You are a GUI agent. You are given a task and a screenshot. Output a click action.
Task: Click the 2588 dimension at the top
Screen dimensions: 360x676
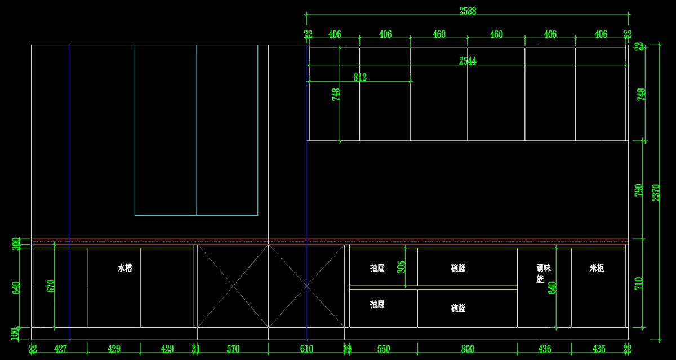(468, 11)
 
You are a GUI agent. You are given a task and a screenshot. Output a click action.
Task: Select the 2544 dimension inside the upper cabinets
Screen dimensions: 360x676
(468, 61)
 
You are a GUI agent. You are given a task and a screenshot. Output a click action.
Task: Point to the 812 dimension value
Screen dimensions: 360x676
(360, 77)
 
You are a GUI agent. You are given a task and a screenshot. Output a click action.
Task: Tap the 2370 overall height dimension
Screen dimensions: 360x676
(656, 192)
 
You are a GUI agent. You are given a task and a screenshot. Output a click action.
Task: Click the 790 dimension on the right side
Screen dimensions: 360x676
(639, 190)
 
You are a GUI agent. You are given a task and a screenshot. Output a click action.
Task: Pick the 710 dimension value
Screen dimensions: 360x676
(639, 283)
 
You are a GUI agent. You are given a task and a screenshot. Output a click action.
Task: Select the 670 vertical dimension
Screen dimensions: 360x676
(51, 286)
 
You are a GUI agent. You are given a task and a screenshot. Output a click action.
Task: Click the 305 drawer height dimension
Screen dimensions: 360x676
(401, 266)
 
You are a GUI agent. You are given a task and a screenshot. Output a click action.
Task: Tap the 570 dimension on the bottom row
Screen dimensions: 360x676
(233, 349)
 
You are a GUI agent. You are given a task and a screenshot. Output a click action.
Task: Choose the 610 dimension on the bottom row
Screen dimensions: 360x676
(306, 349)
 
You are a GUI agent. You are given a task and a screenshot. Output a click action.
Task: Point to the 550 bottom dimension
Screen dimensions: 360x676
(383, 349)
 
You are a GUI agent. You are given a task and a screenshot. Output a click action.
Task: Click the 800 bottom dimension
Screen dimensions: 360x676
(468, 349)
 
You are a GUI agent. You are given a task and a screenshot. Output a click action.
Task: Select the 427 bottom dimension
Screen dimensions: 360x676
(60, 349)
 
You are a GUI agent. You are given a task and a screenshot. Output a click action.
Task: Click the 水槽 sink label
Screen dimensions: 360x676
(124, 268)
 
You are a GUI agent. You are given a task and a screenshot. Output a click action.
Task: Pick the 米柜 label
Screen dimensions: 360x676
(597, 268)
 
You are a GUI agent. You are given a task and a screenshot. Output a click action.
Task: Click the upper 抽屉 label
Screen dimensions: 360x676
(377, 268)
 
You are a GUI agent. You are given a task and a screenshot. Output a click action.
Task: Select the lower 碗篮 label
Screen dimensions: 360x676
(458, 308)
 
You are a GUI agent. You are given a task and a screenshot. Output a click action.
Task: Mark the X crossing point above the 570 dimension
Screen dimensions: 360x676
(233, 286)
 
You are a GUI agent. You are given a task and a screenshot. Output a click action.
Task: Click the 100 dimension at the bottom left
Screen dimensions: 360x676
(15, 334)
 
